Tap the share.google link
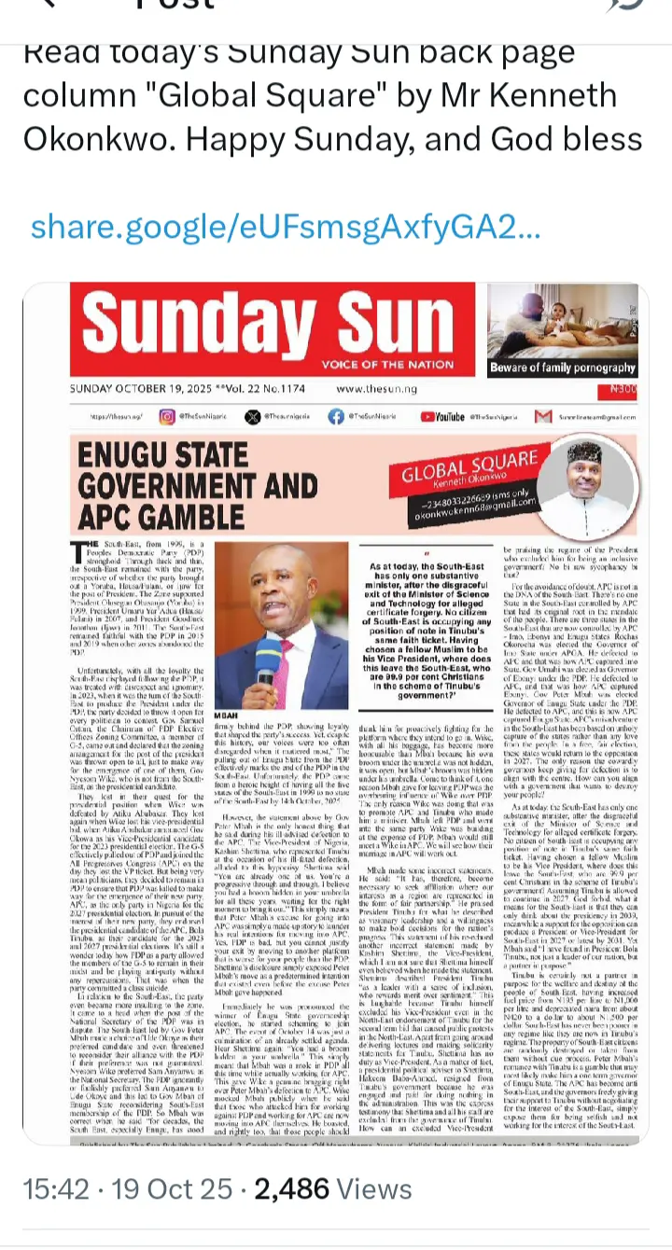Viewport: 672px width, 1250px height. point(285,228)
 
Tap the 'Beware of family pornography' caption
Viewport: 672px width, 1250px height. point(562,368)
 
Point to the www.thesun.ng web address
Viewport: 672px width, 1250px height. point(376,388)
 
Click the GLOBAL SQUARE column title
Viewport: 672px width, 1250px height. point(469,469)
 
